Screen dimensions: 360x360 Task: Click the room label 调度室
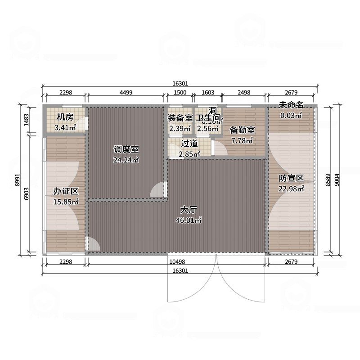tap(126, 149)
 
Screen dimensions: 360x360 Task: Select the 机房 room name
tap(65, 117)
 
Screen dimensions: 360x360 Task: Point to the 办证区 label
tap(63, 192)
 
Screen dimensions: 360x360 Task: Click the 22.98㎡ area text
tap(291, 189)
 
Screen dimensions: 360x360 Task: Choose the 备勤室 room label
tap(242, 130)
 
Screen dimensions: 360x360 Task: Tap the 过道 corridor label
tap(189, 144)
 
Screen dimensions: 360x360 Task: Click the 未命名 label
tap(291, 105)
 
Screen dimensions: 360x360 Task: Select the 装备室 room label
tap(180, 118)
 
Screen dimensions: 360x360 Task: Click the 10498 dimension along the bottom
tap(177, 262)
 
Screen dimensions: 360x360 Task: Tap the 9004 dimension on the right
tap(337, 180)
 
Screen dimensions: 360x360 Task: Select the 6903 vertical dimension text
tap(27, 193)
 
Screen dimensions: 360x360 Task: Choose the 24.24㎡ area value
tap(126, 159)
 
